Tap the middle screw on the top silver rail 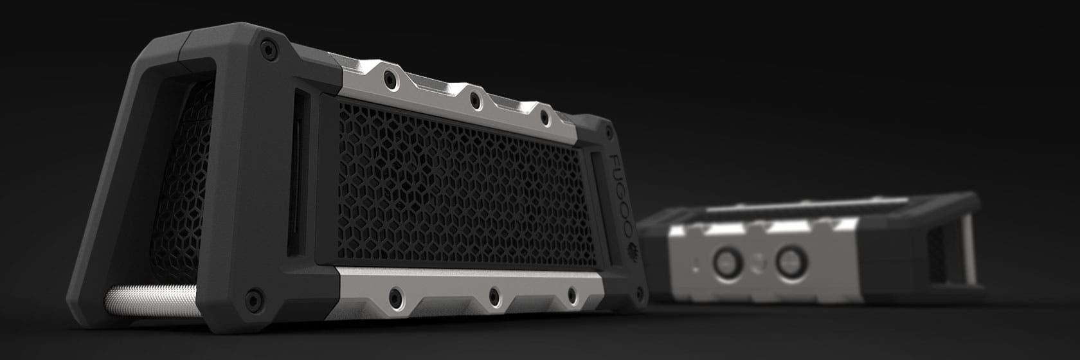(474, 99)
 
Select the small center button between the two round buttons (757, 263)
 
